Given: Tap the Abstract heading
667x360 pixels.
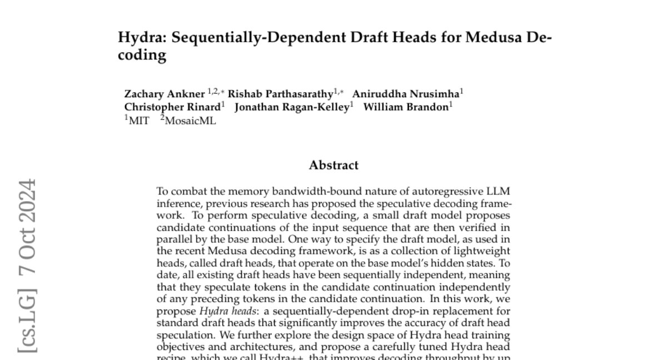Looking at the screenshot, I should point(333,165).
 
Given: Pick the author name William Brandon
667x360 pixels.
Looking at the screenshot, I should point(406,107).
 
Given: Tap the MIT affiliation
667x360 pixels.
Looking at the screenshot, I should point(139,121).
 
